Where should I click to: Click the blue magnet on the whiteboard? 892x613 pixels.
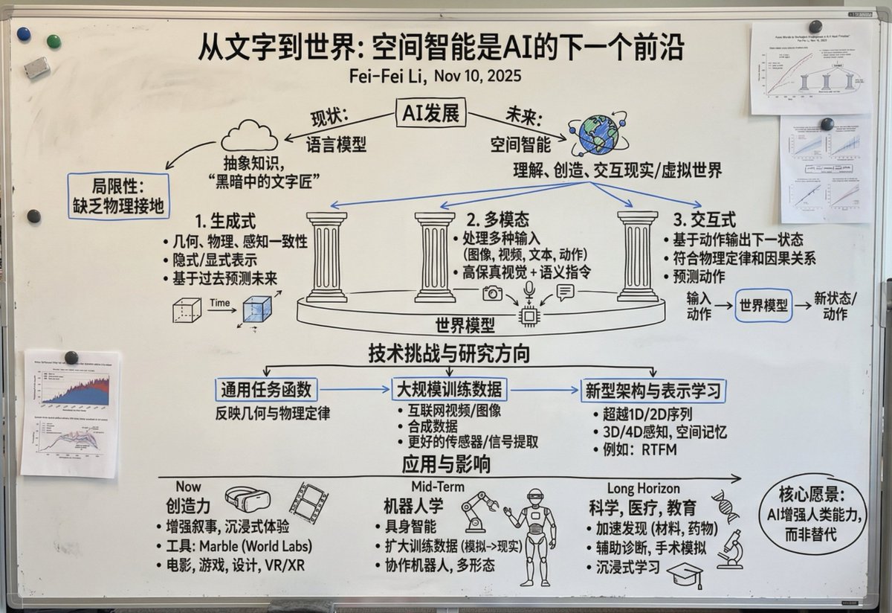[x=24, y=33]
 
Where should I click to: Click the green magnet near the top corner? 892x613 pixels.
[x=54, y=42]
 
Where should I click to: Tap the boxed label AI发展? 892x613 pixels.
[x=430, y=115]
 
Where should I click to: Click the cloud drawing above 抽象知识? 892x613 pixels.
[x=249, y=136]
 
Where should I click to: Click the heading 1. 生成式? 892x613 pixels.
[x=225, y=221]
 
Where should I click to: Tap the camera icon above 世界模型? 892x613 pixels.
[x=492, y=293]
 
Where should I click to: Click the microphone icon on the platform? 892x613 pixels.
[x=530, y=289]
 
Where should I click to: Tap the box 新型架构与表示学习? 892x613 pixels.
[x=653, y=389]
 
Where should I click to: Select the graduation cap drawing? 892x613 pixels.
[x=683, y=574]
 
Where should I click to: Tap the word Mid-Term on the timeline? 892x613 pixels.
[x=438, y=487]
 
